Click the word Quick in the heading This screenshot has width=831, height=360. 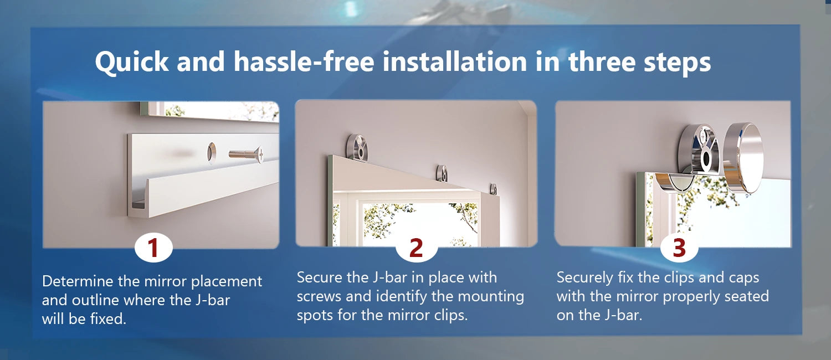coord(132,62)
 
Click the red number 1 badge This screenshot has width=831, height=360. coord(153,248)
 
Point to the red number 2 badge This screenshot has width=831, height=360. coord(416,248)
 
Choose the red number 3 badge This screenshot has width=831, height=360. coord(679,248)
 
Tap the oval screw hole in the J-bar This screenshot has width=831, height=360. coord(212,152)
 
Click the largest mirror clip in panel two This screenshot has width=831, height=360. coord(357,147)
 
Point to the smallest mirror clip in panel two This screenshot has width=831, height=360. coord(493,189)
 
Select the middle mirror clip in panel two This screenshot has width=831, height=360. coord(442,173)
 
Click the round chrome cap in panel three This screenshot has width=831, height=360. coord(743,158)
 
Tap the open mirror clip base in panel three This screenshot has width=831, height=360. coord(699,150)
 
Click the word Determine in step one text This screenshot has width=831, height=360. coord(78,281)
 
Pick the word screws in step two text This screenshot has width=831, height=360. coord(319,297)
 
